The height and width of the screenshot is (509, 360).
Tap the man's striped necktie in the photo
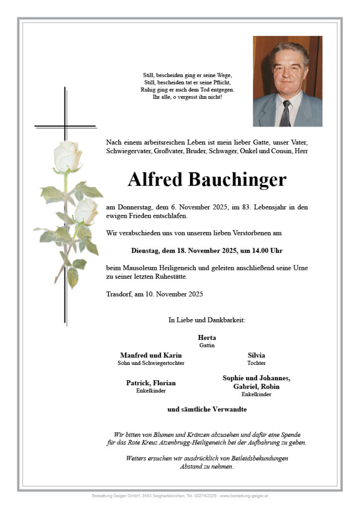[286, 113]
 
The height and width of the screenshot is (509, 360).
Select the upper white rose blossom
[67, 156]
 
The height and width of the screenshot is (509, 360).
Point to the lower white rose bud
[87, 211]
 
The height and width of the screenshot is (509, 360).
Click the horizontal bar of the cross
[65, 127]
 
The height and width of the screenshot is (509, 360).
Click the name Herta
[207, 338]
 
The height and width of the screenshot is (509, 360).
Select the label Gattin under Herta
[207, 345]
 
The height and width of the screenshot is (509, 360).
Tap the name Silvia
[256, 355]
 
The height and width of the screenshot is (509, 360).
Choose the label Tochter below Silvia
[256, 363]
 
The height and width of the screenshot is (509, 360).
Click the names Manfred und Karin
[151, 355]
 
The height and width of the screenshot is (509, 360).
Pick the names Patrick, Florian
[151, 383]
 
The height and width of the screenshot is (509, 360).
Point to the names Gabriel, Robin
[256, 386]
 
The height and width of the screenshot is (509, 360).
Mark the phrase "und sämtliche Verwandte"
[207, 410]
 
